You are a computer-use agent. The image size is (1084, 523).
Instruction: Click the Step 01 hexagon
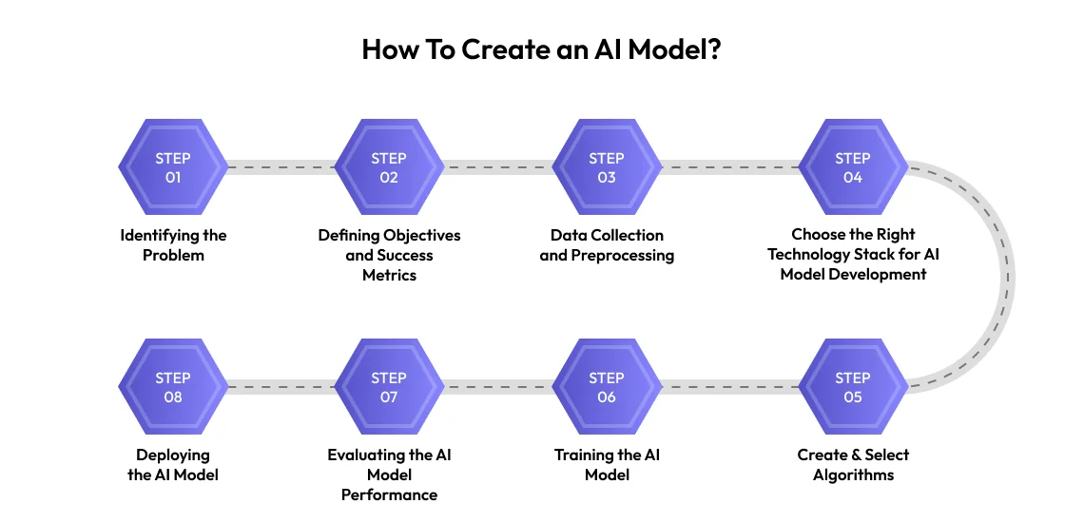[x=173, y=168]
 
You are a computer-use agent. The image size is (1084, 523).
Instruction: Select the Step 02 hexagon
[x=389, y=168]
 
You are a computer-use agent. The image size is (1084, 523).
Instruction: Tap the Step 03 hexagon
[x=607, y=168]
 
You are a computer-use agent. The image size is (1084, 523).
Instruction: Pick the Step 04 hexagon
[x=853, y=168]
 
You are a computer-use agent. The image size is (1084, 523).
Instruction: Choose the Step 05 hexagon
[x=853, y=387]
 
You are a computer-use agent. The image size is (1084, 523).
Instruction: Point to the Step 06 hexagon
[x=607, y=387]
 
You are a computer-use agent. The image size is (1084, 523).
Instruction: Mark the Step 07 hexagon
[x=389, y=387]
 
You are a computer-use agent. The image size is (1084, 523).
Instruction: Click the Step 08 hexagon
[x=173, y=387]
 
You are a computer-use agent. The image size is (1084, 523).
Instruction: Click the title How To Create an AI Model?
[x=541, y=49]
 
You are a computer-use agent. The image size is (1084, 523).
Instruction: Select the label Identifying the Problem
[x=173, y=245]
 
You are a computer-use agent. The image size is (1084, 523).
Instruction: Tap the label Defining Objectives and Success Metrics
[x=389, y=255]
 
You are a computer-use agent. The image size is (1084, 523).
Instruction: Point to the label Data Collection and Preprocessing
[x=607, y=245]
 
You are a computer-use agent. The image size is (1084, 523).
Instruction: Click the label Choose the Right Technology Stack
[x=853, y=255]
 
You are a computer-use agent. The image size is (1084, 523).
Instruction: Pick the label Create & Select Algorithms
[x=853, y=465]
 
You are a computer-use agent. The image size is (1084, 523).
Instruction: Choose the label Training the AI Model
[x=607, y=465]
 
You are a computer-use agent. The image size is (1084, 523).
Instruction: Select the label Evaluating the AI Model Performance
[x=389, y=475]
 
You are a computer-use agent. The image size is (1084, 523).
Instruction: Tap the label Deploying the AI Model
[x=173, y=465]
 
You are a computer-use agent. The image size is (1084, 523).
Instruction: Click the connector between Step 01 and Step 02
[x=281, y=168]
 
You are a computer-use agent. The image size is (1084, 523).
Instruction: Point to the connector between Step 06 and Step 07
[x=497, y=387]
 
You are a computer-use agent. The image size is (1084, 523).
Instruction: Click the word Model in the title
[x=669, y=49]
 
